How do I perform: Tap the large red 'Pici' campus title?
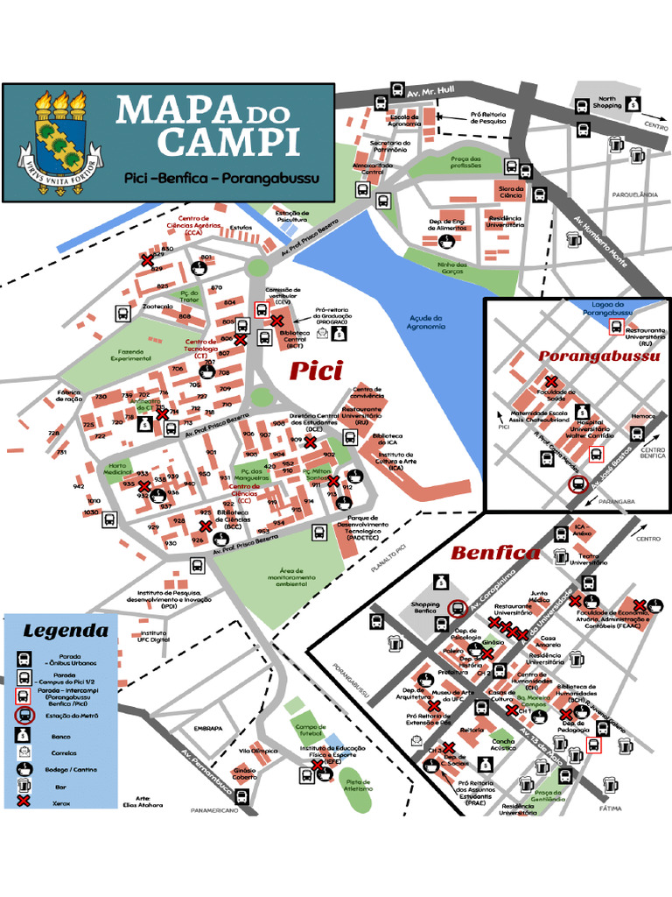click(x=316, y=371)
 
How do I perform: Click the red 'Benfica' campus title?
click(x=495, y=553)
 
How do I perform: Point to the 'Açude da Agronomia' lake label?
click(x=426, y=322)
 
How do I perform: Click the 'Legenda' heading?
click(x=66, y=631)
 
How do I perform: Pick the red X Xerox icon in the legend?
click(x=24, y=800)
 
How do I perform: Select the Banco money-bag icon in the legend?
click(x=24, y=737)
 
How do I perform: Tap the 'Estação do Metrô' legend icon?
click(x=24, y=716)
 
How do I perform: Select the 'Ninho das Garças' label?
click(x=452, y=268)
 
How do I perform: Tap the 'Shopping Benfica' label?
click(x=426, y=608)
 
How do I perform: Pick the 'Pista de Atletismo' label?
click(x=359, y=785)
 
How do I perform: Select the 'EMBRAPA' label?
click(x=208, y=728)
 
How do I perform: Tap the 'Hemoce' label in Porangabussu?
click(x=643, y=416)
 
